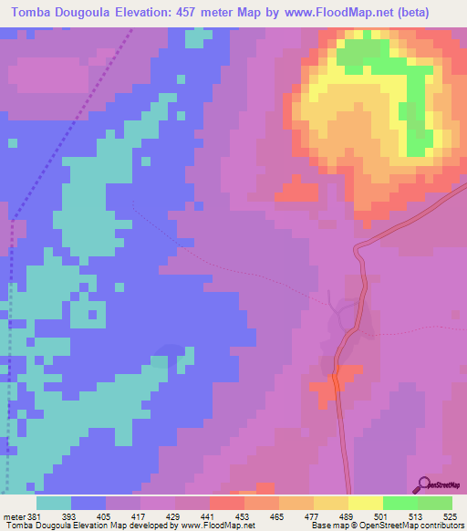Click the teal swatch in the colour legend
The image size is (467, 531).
pos(54,503)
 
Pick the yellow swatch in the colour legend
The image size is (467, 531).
pos(366,503)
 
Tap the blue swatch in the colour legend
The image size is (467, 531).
pos(88,503)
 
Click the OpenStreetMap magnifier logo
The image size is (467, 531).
pos(423,483)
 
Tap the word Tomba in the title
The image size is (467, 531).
pos(31,13)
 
